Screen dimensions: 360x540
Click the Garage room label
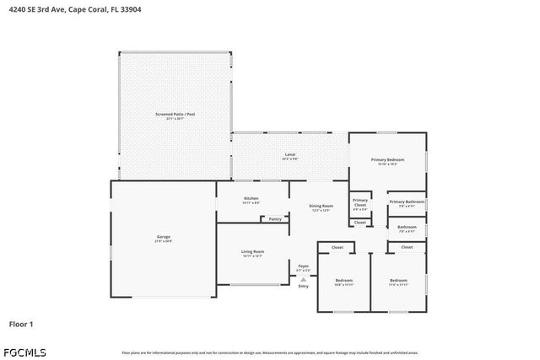163,237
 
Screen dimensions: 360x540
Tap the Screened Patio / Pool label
175,114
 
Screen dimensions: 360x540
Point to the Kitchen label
251,199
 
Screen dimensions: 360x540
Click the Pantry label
275,218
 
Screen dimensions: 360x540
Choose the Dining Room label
320,206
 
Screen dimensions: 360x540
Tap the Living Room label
253,251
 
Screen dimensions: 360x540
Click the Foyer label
303,266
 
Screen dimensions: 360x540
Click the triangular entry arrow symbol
304,279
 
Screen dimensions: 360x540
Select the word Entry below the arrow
304,287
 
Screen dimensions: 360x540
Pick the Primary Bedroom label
388,159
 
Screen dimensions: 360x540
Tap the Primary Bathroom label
407,201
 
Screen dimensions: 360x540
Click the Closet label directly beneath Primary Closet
360,222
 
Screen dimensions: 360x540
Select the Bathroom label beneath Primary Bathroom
407,226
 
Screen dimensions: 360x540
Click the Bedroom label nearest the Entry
343,280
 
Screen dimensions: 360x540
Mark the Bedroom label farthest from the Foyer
398,280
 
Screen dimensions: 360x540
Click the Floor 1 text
21,323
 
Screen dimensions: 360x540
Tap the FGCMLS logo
24,351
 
